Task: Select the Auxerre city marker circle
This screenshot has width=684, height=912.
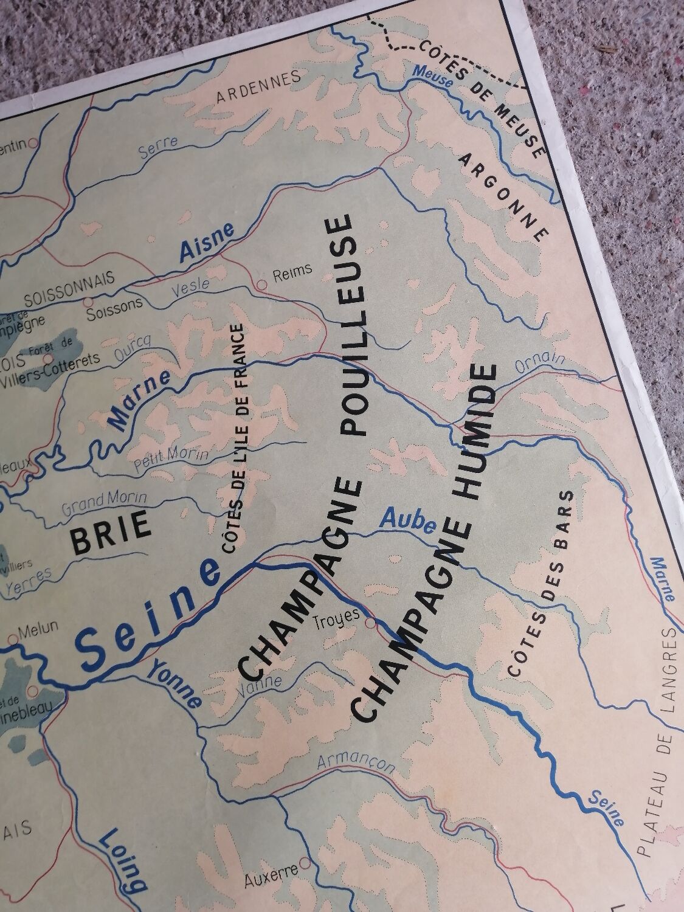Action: (x=305, y=863)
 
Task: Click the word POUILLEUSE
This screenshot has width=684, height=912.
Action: (x=350, y=325)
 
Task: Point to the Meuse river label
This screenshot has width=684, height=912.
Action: (x=432, y=80)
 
